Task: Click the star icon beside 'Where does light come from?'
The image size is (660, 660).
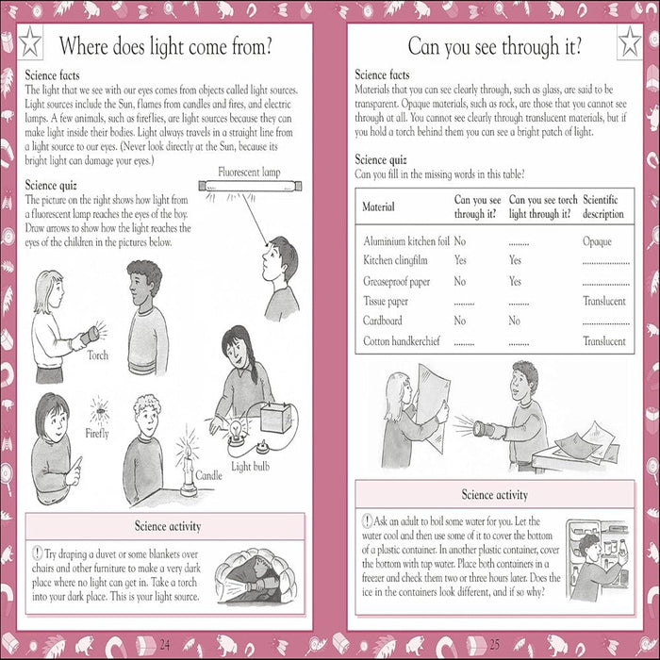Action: pos(30,42)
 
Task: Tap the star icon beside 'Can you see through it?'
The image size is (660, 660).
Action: pos(630,42)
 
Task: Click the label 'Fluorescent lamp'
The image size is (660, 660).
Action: pos(249,173)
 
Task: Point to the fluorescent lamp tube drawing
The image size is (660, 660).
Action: pos(250,186)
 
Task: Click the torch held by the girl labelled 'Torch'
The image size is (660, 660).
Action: pos(91,336)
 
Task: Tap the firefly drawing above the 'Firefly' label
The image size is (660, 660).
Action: pos(100,410)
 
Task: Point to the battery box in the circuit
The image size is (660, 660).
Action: pos(276,417)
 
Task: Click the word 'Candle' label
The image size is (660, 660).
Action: pos(208,475)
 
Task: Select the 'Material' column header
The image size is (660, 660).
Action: pos(378,206)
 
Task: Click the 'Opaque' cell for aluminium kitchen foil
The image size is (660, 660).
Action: pos(597,241)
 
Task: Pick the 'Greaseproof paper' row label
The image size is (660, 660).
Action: pos(397,282)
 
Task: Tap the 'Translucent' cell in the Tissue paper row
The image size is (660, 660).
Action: pos(604,301)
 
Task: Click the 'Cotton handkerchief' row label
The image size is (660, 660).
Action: pos(402,341)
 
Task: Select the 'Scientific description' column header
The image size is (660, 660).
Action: pos(603,206)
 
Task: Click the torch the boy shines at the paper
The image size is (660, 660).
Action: pos(484,429)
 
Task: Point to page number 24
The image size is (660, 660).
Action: pos(165,644)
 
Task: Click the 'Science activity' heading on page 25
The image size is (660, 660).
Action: pos(495,495)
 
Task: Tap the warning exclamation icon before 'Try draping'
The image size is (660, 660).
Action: pos(38,553)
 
